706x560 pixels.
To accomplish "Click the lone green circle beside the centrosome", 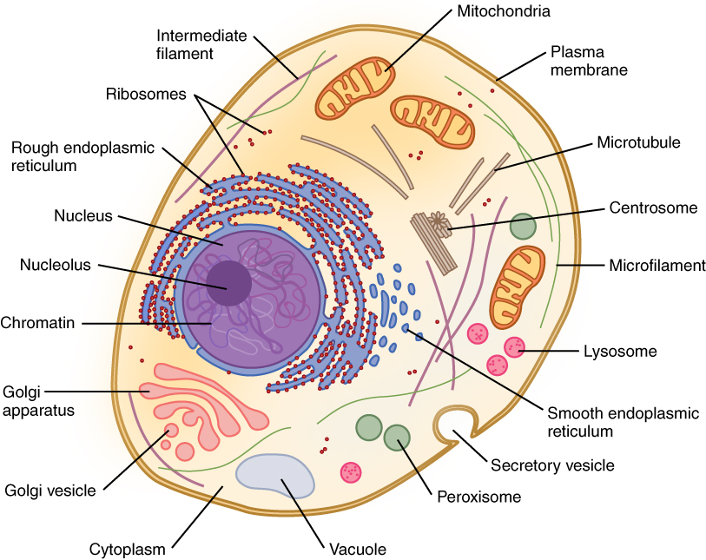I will click(523, 226).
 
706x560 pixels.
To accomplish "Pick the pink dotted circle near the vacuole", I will click(351, 471).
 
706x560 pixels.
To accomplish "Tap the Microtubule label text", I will click(638, 142).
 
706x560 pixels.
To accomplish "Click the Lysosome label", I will click(619, 352).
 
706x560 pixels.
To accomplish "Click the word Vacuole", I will click(358, 549).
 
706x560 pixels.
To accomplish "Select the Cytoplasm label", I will click(128, 549).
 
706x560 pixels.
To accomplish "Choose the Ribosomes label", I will click(146, 94).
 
